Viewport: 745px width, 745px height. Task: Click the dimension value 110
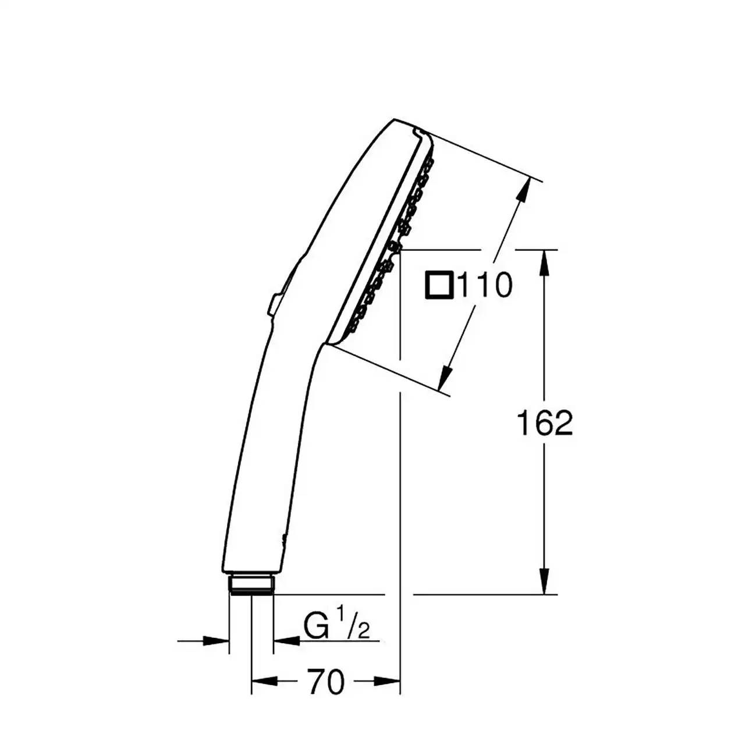coord(485,285)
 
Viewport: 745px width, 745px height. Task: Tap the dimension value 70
coord(325,682)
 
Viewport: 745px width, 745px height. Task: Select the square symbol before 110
coord(439,285)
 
